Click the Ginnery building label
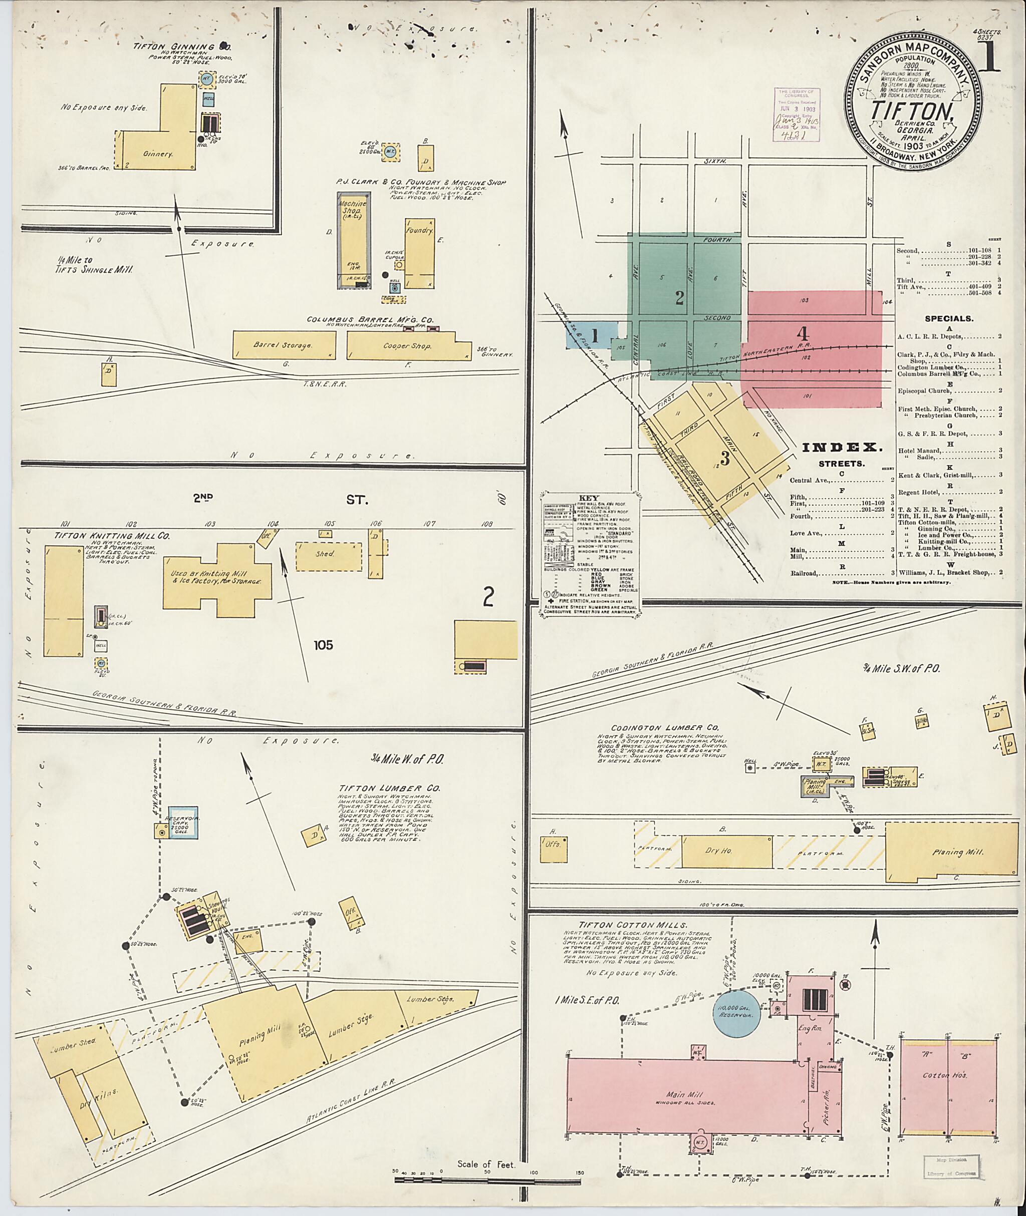pyautogui.click(x=158, y=154)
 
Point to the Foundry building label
pyautogui.click(x=419, y=231)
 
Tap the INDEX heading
pyautogui.click(x=842, y=448)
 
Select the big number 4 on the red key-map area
pyautogui.click(x=803, y=333)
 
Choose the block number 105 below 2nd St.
pyautogui.click(x=324, y=645)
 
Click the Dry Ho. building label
pyautogui.click(x=719, y=851)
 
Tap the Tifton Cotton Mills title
pyautogui.click(x=633, y=925)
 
